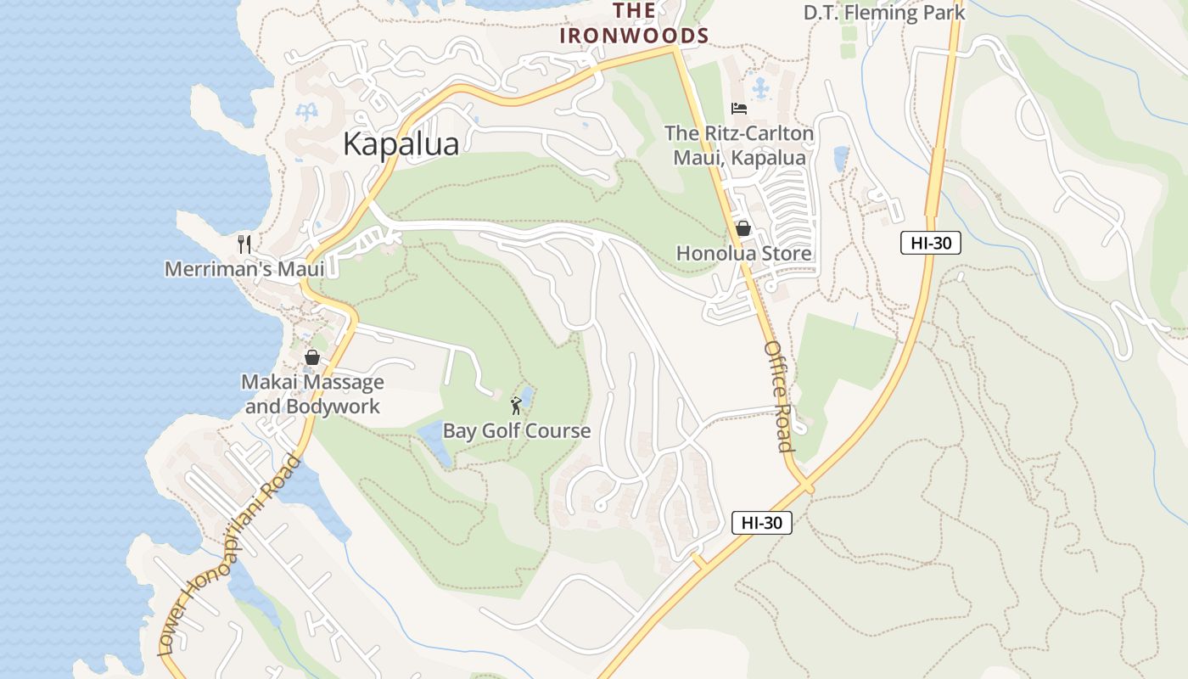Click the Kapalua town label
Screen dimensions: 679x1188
(401, 143)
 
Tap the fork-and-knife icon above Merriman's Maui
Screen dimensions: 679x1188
(244, 244)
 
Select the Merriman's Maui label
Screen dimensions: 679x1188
(244, 269)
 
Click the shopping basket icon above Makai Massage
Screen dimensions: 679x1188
(311, 357)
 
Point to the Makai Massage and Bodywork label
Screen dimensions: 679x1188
(312, 394)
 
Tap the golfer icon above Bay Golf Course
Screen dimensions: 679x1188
(516, 406)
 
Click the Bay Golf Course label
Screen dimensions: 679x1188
(516, 430)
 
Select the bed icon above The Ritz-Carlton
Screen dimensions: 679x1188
(739, 108)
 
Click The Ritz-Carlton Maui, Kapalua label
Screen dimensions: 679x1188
(739, 145)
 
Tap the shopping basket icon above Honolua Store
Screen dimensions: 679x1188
(743, 228)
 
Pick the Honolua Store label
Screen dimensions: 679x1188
(743, 253)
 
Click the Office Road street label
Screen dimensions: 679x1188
(778, 396)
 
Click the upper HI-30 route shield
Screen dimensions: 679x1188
(930, 243)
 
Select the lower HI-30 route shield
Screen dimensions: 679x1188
(761, 523)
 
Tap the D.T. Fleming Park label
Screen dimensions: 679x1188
(884, 13)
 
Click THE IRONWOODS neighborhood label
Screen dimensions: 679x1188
(633, 23)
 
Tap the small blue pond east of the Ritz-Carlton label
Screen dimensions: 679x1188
(841, 158)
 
